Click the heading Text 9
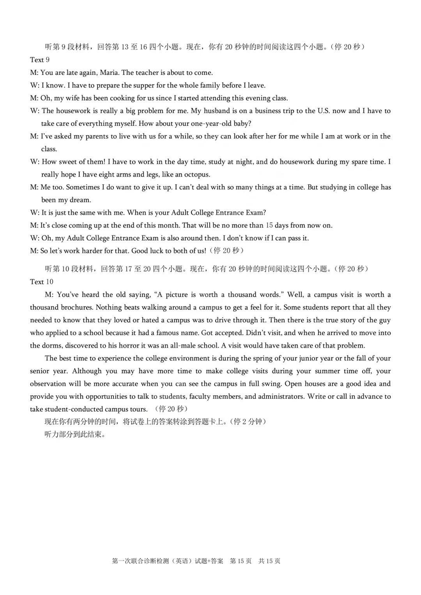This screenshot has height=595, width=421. tap(40, 60)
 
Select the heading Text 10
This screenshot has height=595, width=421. tap(41, 282)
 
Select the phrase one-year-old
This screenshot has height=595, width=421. tap(208, 124)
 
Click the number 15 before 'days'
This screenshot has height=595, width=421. tap(269, 226)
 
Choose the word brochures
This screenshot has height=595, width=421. tap(76, 307)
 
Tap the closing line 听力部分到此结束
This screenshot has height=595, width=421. tap(75, 434)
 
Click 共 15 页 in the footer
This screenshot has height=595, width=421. tap(269, 561)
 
